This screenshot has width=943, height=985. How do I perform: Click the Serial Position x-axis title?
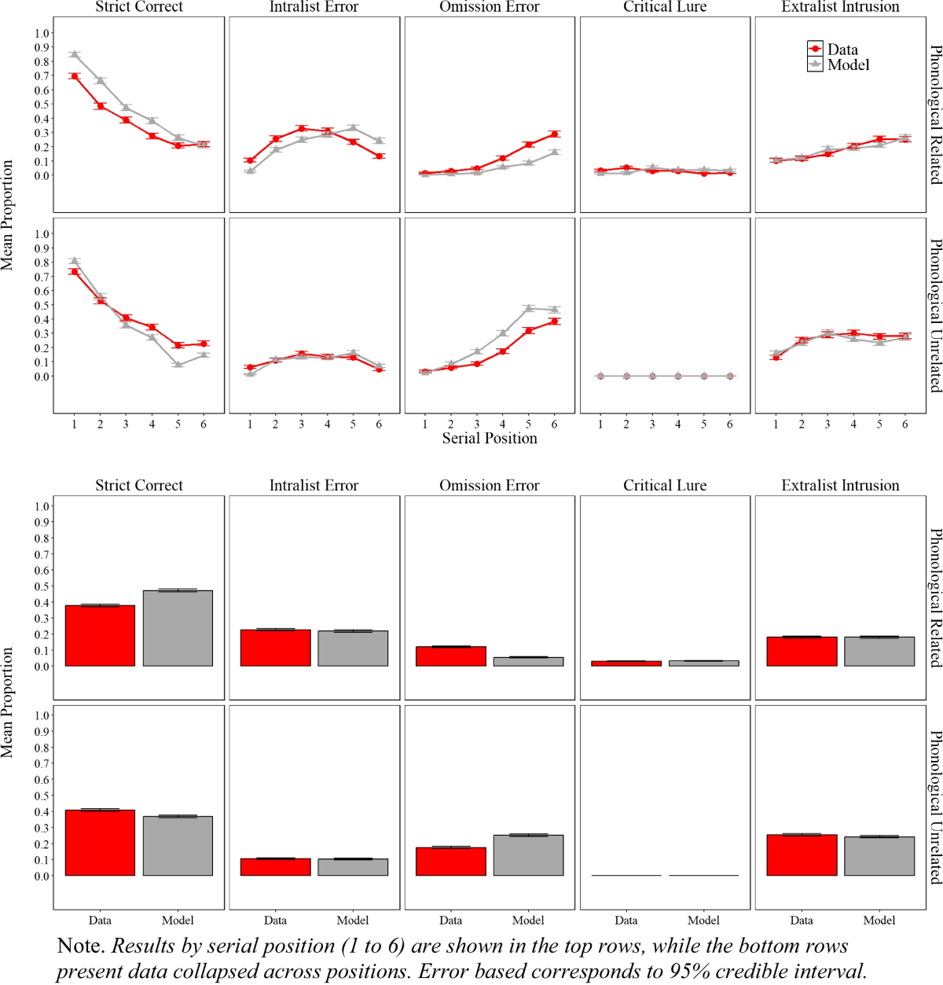[x=489, y=439]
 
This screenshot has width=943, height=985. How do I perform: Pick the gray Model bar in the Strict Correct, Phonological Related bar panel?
[x=178, y=628]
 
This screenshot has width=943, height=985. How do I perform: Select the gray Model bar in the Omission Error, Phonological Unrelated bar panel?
[x=528, y=855]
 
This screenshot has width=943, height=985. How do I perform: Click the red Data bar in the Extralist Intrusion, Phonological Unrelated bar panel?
[x=802, y=855]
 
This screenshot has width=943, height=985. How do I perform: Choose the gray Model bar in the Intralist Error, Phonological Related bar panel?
[x=353, y=649]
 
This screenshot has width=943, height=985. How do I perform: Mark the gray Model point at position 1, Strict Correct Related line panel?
[x=74, y=54]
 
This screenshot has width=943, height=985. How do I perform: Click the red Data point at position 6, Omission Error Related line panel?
[x=554, y=134]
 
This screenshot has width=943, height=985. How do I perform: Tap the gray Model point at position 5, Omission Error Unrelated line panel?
[x=528, y=308]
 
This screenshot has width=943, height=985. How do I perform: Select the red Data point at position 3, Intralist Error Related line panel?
[x=301, y=128]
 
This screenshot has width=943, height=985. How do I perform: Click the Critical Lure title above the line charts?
[x=665, y=7]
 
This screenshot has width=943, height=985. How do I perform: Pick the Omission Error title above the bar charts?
[x=489, y=486]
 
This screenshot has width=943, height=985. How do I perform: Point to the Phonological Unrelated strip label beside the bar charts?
[x=935, y=807]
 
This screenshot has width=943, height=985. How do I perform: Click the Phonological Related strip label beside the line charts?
[x=935, y=115]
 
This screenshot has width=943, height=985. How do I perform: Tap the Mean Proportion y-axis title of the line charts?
[x=8, y=215]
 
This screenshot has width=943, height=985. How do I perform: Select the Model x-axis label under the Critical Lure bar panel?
[x=703, y=920]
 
